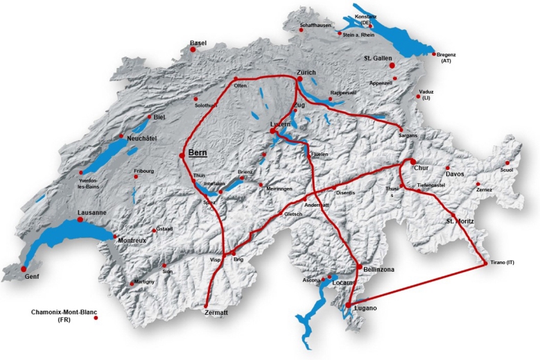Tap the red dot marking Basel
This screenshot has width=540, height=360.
coord(193,50)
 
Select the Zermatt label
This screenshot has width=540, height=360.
coord(216,314)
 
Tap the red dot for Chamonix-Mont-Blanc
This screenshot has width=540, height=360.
coord(96,318)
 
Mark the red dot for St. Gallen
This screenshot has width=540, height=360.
coord(392,65)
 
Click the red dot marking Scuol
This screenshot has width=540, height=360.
coord(507,163)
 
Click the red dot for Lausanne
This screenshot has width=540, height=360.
coord(80,219)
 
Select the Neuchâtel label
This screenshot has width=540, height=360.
coord(141,138)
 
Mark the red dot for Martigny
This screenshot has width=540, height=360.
coord(132,283)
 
